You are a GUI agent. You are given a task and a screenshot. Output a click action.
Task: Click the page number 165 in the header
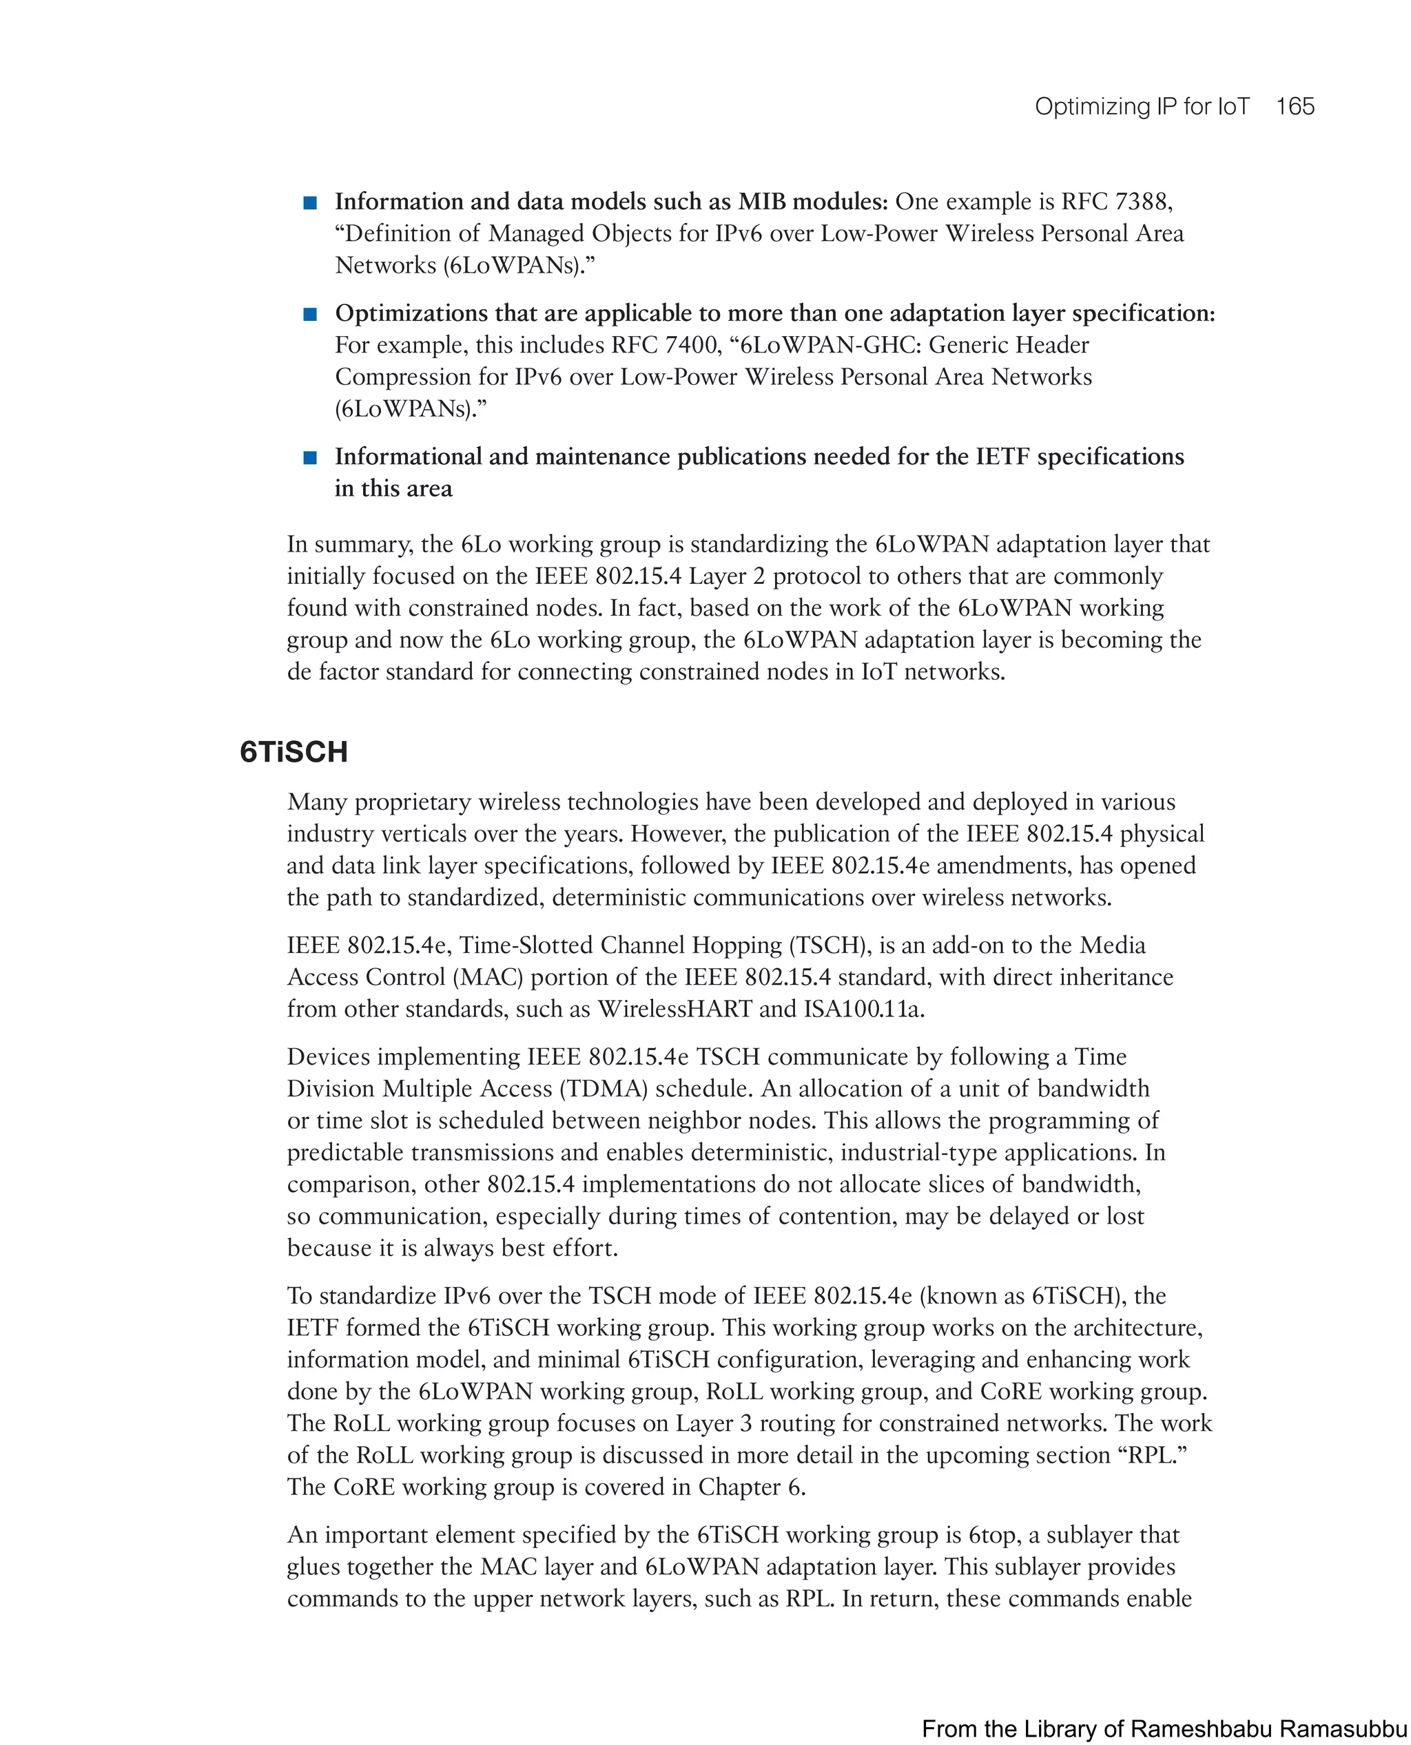tap(1295, 107)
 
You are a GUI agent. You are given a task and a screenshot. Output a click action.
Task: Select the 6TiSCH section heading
tap(293, 751)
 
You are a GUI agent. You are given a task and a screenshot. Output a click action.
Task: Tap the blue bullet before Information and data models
tap(309, 202)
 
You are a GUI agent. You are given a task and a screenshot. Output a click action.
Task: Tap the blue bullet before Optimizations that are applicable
tap(309, 315)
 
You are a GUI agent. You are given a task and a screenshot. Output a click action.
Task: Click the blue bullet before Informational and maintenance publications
tap(309, 457)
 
